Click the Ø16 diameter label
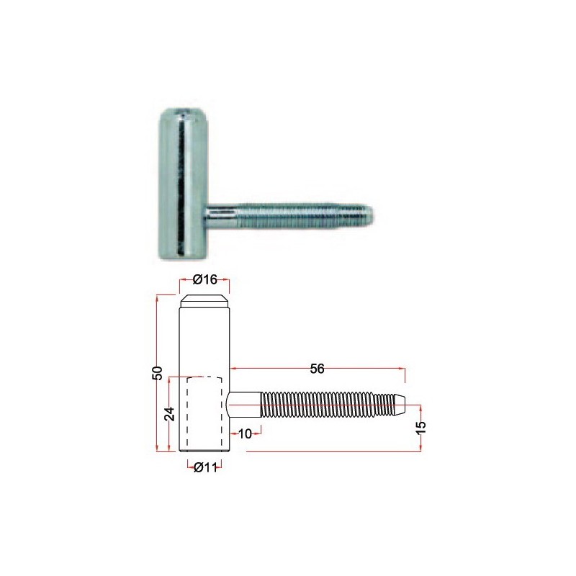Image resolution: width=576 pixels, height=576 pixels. pyautogui.click(x=205, y=279)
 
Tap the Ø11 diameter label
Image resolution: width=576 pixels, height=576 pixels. pyautogui.click(x=205, y=467)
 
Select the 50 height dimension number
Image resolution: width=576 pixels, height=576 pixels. pyautogui.click(x=157, y=373)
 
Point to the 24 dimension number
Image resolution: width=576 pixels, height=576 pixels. pyautogui.click(x=169, y=413)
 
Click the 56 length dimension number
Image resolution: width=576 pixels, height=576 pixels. pyautogui.click(x=317, y=369)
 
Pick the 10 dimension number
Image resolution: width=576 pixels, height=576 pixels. pyautogui.click(x=245, y=434)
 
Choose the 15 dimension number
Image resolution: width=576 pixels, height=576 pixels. pyautogui.click(x=421, y=427)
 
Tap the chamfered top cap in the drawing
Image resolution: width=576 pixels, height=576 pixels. pyautogui.click(x=204, y=301)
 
